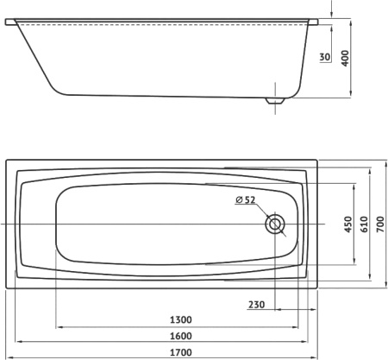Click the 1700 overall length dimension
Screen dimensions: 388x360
click(181, 352)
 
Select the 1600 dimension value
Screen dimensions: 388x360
click(181, 336)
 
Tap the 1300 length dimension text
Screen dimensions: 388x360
click(181, 319)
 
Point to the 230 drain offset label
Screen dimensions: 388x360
click(256, 304)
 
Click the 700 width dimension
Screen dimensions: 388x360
click(380, 224)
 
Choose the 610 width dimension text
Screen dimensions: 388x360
click(364, 224)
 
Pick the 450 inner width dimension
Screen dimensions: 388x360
click(348, 224)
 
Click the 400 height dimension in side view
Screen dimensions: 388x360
click(345, 58)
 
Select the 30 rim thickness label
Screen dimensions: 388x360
click(325, 57)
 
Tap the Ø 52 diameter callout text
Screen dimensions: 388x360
click(245, 199)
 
